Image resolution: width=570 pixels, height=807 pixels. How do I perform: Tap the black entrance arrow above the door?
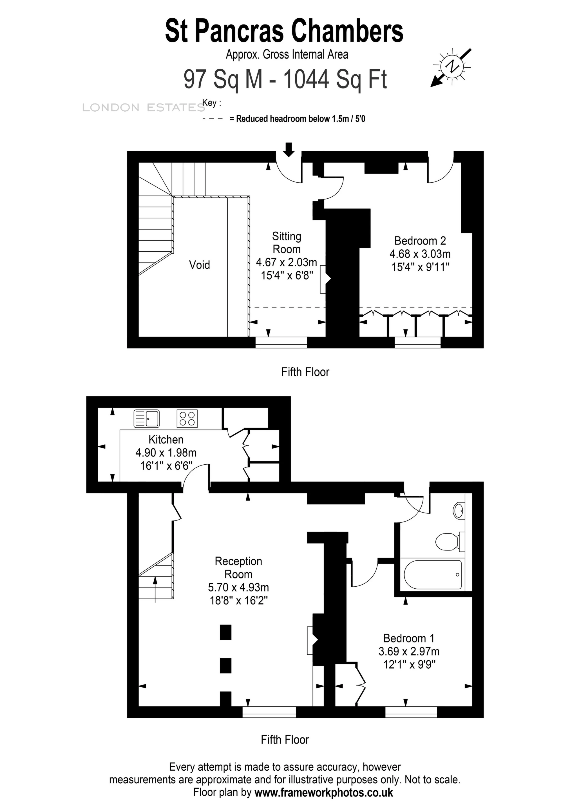pos(289,149)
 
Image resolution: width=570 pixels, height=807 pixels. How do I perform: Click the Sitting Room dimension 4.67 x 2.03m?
pos(287,262)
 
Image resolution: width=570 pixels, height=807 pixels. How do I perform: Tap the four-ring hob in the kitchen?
pos(187,419)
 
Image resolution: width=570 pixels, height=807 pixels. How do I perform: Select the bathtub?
pos(433,574)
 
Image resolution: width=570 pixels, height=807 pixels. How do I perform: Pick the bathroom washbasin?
pos(459,511)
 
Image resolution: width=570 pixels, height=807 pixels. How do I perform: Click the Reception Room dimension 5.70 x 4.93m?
pos(238,587)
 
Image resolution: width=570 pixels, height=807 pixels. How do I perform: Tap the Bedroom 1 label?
pos(409,638)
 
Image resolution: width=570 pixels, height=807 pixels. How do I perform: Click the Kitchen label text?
pos(166,440)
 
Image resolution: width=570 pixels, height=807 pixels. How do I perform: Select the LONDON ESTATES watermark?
pos(143,108)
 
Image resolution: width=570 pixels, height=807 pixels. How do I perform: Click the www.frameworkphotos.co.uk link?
pos(323,793)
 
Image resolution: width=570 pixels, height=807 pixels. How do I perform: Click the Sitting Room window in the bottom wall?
pos(281,342)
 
